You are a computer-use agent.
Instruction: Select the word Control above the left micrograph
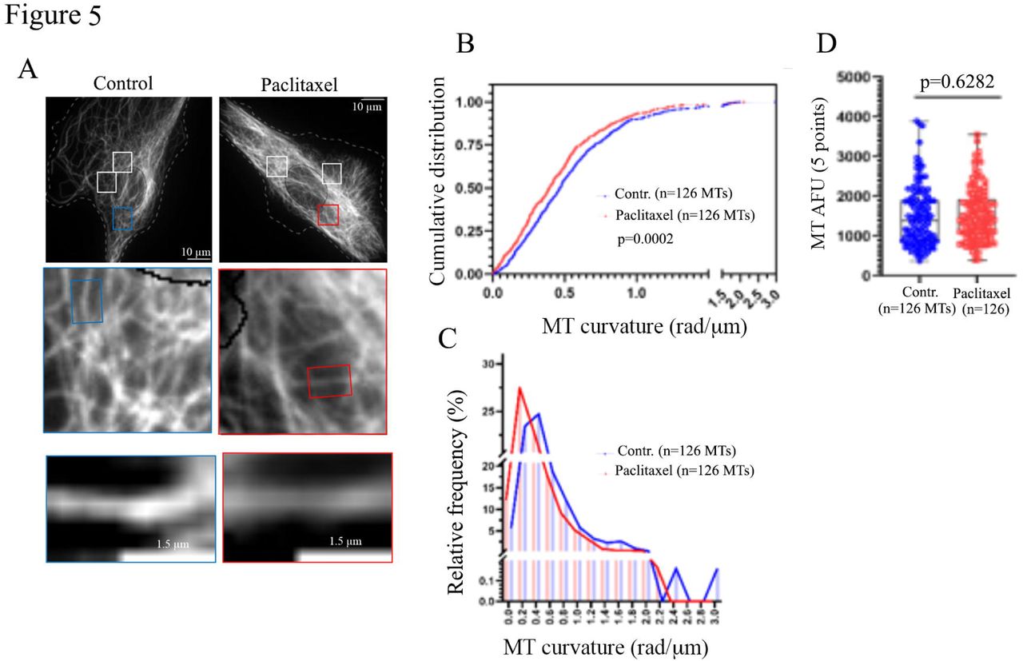point(123,82)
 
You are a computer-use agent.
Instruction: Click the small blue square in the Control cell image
point(122,218)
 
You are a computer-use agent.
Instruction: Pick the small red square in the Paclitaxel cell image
point(328,215)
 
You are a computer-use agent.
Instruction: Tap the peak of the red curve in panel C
point(519,388)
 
